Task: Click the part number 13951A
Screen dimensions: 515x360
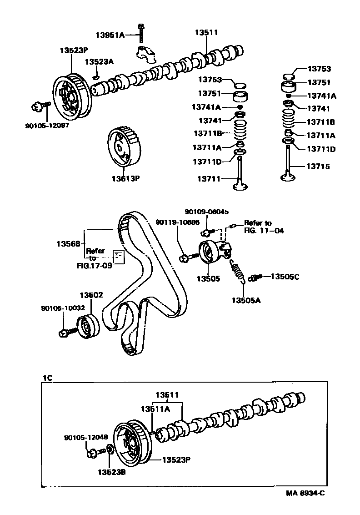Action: pos(110,35)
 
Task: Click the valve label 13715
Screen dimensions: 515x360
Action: pos(318,167)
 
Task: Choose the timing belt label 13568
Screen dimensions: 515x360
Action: pos(68,244)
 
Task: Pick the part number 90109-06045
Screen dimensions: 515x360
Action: pos(206,212)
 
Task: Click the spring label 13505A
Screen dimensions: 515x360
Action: pos(245,300)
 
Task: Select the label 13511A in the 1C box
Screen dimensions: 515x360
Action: pos(155,409)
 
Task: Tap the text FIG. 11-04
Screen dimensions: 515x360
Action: pos(264,231)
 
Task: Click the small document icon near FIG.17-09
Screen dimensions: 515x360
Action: pos(118,256)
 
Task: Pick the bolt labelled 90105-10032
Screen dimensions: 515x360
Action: pos(64,332)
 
